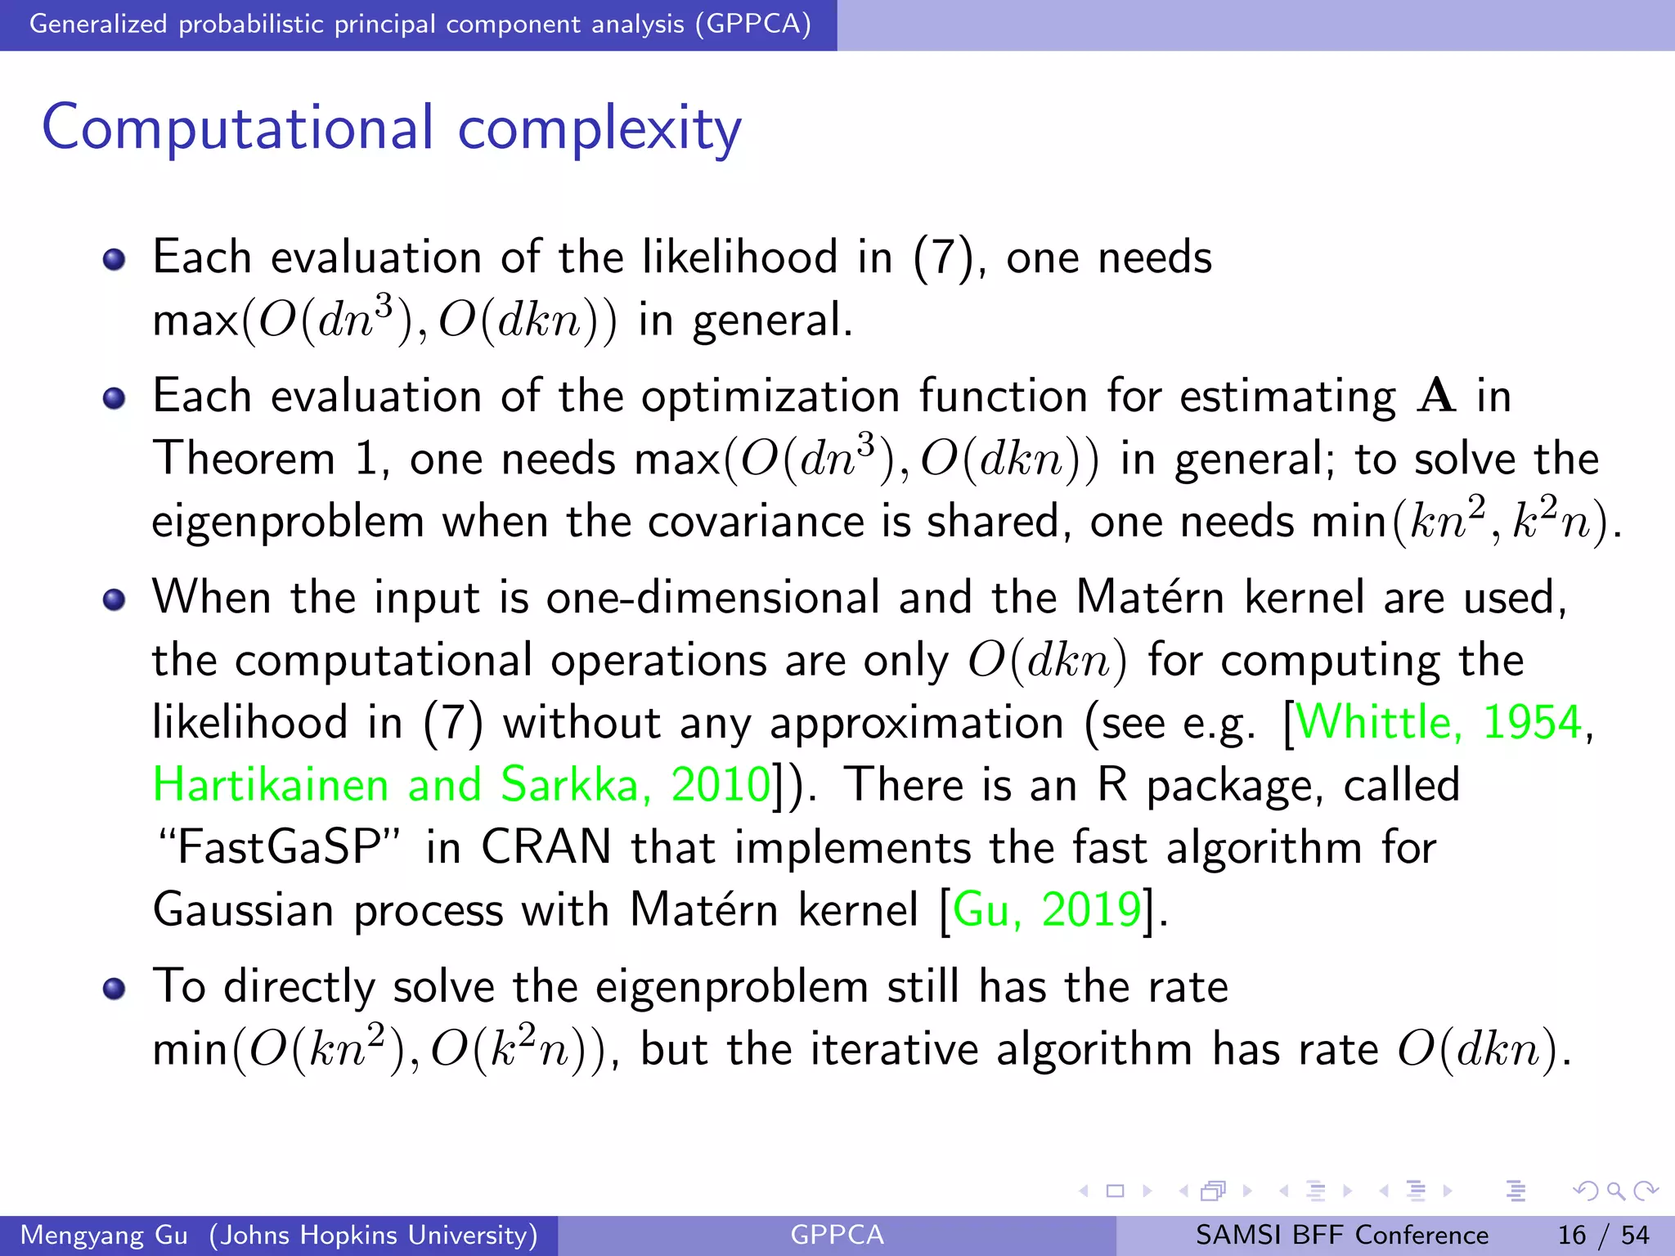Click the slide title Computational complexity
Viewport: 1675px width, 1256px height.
(392, 128)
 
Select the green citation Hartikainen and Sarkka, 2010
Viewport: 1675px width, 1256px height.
(461, 784)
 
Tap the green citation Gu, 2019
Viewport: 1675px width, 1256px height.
(1047, 909)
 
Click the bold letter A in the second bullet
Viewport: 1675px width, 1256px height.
(1436, 396)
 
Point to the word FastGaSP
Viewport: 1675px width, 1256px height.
(278, 847)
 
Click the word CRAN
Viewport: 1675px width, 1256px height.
(546, 847)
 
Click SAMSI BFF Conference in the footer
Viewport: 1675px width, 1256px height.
(1341, 1235)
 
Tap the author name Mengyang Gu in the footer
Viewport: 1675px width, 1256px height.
(104, 1235)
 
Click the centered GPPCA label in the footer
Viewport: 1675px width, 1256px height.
(837, 1235)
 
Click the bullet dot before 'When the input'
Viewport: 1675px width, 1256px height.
(114, 599)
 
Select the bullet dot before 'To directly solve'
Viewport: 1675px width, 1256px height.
(114, 989)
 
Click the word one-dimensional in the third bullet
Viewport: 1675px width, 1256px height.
(712, 597)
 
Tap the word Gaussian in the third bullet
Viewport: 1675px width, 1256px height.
(243, 909)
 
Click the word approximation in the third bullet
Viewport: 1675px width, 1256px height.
(917, 724)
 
